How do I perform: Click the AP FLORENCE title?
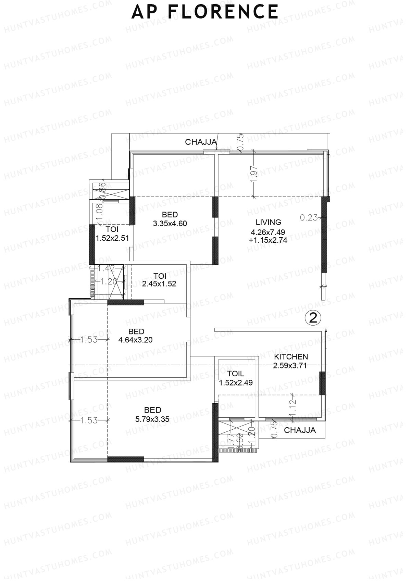click(205, 12)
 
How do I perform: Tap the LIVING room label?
click(268, 222)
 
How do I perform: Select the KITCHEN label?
click(291, 357)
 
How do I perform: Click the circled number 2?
click(313, 318)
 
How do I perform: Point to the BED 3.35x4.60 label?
click(170, 219)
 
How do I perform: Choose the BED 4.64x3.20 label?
click(136, 336)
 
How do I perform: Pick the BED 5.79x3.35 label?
click(152, 414)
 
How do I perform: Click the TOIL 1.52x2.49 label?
click(236, 378)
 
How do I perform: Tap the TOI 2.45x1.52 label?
click(160, 280)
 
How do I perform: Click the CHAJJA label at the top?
click(201, 142)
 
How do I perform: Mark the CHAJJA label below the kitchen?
click(300, 430)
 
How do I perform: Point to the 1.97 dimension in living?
click(253, 175)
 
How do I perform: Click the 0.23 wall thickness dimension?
click(309, 217)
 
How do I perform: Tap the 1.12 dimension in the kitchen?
click(292, 406)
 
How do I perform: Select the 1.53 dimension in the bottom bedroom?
click(89, 420)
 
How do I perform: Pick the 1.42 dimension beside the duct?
click(106, 269)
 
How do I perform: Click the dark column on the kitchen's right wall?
click(322, 383)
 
